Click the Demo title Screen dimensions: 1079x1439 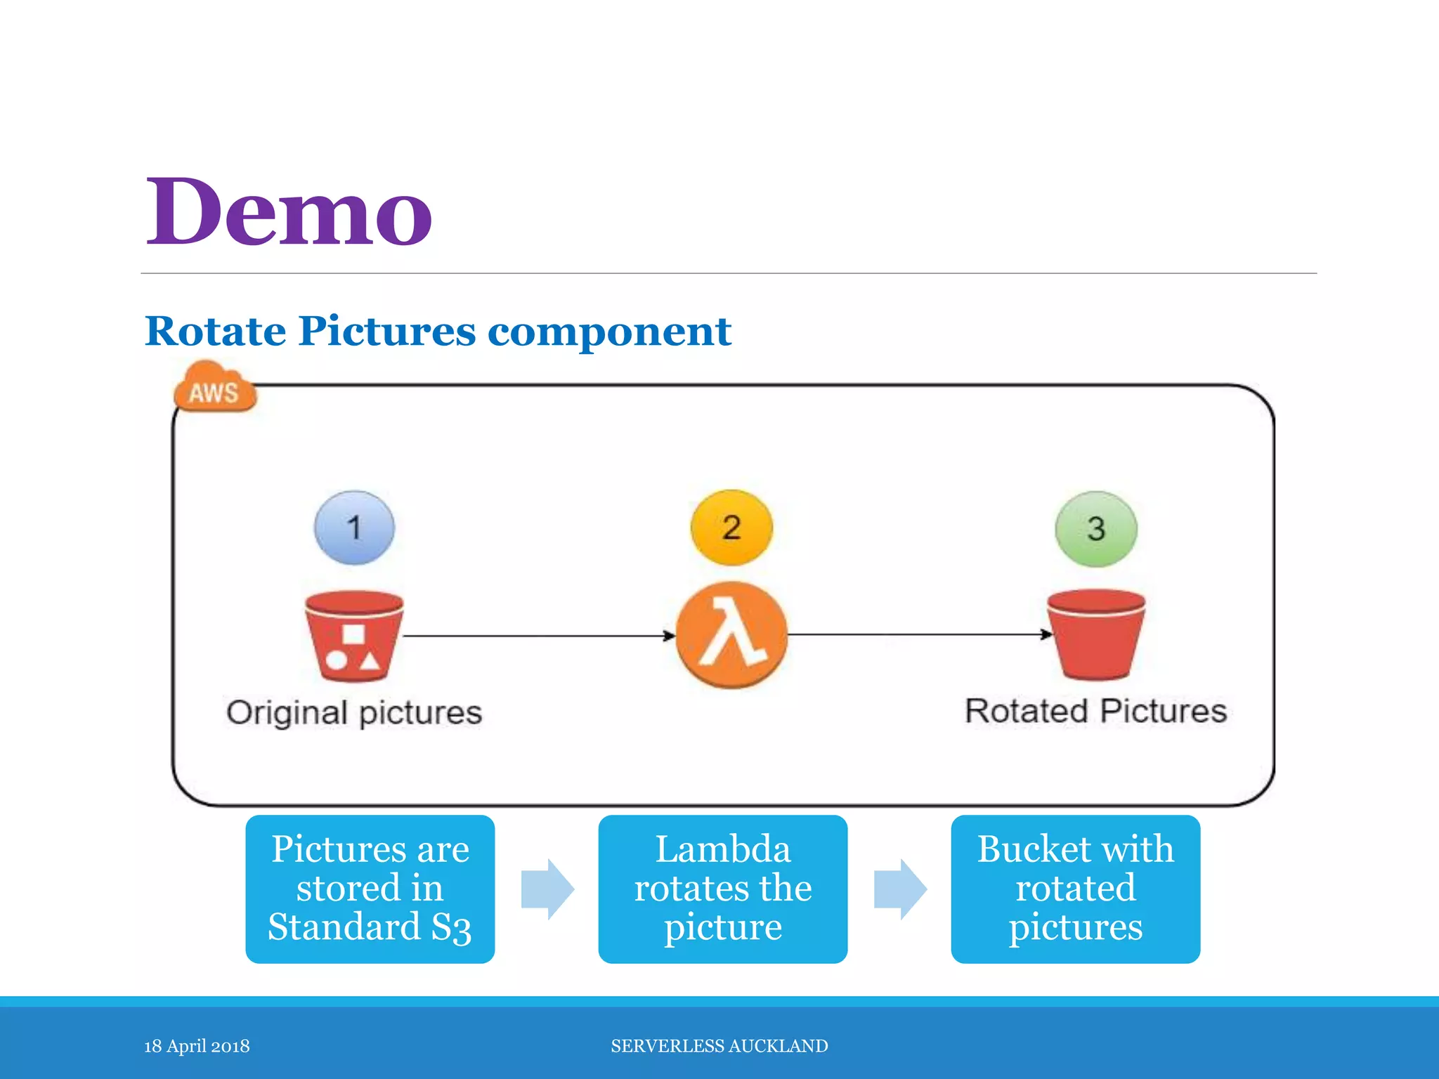(288, 212)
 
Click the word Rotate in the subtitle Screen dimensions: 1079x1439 (215, 331)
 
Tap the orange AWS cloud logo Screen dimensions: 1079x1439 (214, 388)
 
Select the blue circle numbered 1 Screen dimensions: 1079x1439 (354, 528)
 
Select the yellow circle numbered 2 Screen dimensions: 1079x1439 (731, 528)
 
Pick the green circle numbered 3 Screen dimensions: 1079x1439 (1095, 529)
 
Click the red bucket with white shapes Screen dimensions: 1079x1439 (353, 636)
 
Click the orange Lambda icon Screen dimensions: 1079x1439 (731, 635)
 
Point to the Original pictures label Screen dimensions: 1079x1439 (354, 712)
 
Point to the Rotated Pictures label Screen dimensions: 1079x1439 (1095, 711)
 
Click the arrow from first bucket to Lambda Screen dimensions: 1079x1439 (538, 636)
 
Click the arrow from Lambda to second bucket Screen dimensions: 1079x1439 (917, 634)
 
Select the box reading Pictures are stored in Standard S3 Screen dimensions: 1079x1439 (370, 889)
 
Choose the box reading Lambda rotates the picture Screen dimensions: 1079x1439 (722, 889)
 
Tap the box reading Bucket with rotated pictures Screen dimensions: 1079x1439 (1075, 889)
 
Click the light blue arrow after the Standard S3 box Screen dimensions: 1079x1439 (547, 889)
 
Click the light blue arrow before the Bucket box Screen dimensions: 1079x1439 (900, 889)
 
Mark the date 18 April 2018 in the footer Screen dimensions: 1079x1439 (197, 1046)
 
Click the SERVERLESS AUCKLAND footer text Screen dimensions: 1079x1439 (719, 1046)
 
